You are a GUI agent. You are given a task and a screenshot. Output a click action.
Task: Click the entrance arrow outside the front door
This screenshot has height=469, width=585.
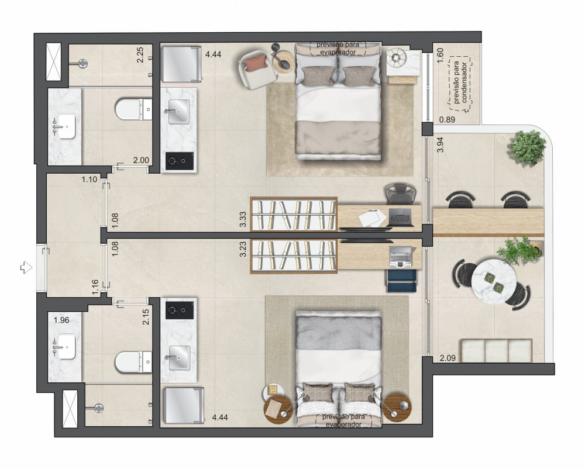pyautogui.click(x=26, y=267)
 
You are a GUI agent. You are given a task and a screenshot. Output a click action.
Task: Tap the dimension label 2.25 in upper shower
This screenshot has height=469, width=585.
pyautogui.click(x=140, y=54)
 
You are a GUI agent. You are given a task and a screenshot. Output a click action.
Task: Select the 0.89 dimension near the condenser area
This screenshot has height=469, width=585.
pyautogui.click(x=447, y=120)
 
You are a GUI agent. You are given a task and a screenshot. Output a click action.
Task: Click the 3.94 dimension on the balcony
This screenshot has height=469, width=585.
pyautogui.click(x=441, y=144)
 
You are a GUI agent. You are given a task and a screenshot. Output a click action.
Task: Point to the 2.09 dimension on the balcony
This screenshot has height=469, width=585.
pyautogui.click(x=448, y=358)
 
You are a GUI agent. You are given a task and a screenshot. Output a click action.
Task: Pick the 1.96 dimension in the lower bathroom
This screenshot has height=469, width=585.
pyautogui.click(x=61, y=320)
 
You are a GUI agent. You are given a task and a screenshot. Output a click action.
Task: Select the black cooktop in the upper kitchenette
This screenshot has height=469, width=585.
pyautogui.click(x=180, y=161)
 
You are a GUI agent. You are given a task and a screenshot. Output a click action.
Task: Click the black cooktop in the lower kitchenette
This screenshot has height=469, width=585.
pyautogui.click(x=180, y=309)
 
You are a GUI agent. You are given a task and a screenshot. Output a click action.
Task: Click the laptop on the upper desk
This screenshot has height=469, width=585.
pyautogui.click(x=401, y=217)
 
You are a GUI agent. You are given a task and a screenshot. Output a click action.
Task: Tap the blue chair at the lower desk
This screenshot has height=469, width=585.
pyautogui.click(x=402, y=280)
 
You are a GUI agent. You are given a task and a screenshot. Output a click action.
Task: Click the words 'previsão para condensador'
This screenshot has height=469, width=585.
pyautogui.click(x=460, y=82)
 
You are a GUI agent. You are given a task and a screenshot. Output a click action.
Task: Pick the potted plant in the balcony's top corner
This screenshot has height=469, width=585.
pyautogui.click(x=526, y=148)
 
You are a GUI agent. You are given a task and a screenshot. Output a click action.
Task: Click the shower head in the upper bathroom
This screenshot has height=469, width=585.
pyautogui.click(x=83, y=63)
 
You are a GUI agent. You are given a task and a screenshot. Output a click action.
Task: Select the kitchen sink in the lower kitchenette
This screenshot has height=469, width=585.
pyautogui.click(x=179, y=358)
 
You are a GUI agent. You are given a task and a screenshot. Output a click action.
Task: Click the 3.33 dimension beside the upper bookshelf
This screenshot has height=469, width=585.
pyautogui.click(x=243, y=219)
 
